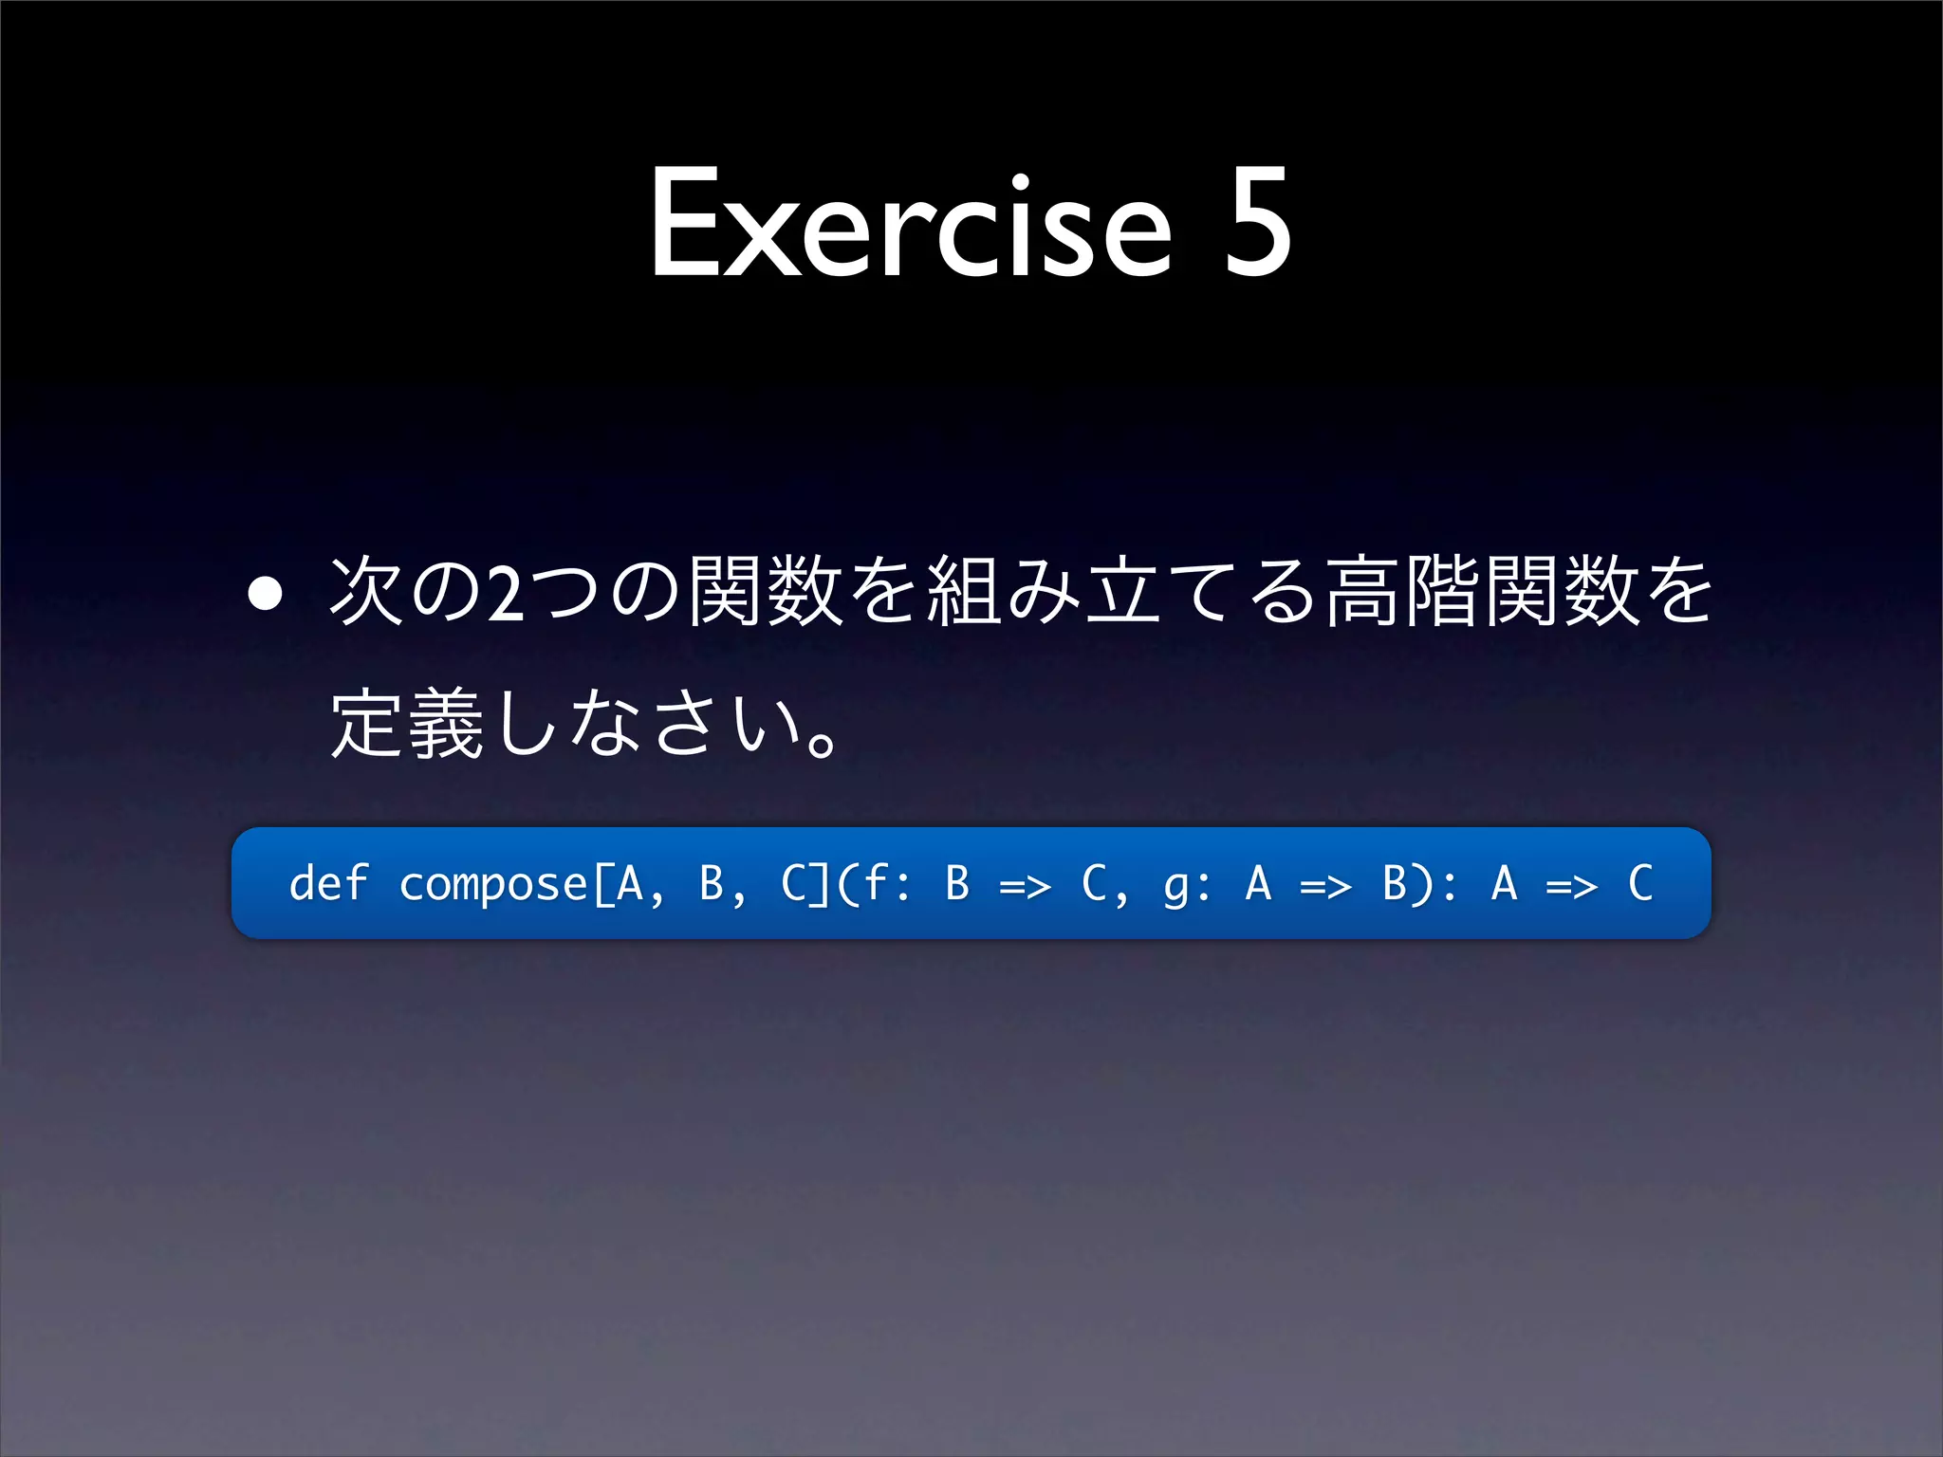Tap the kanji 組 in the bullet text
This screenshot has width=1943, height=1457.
(963, 593)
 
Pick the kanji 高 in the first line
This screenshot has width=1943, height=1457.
(1362, 593)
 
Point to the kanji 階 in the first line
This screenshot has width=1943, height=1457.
(1442, 593)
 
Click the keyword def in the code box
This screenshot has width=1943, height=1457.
(327, 883)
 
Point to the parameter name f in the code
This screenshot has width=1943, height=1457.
(874, 883)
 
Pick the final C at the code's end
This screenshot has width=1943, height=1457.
(1640, 883)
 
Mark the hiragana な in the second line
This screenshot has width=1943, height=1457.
(604, 726)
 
